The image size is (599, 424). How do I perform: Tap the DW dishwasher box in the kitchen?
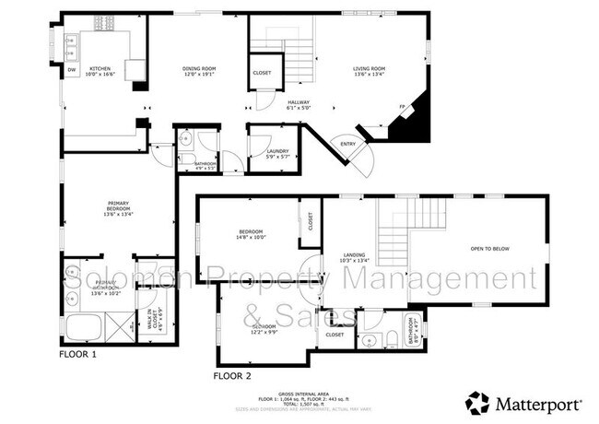[x=72, y=70]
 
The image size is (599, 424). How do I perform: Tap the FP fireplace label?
[x=402, y=108]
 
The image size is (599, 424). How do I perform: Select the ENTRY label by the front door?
[x=348, y=143]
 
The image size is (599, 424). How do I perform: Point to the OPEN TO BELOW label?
[x=489, y=249]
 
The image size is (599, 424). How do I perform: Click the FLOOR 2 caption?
[x=231, y=376]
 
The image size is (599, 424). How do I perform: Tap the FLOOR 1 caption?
[x=77, y=353]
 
